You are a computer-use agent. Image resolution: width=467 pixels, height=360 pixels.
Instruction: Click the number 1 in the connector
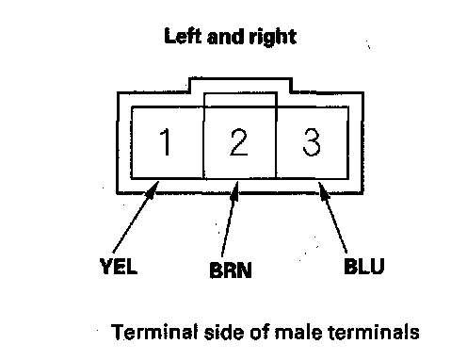[x=165, y=142]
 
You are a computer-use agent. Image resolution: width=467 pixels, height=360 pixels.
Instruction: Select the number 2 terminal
[x=239, y=142]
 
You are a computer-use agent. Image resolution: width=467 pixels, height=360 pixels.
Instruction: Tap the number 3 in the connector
[x=312, y=142]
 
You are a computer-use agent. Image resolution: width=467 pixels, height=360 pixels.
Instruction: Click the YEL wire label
[x=119, y=266]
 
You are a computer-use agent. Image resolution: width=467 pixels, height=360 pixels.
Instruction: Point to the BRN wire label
[x=231, y=270]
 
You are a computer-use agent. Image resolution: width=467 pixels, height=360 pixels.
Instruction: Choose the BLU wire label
[x=364, y=267]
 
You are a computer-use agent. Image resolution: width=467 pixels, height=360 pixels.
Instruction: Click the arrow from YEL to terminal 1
[x=136, y=217]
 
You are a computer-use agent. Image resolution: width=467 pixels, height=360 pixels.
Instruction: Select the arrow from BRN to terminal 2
[x=230, y=219]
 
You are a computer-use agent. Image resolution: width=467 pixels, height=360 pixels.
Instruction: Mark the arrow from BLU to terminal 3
[x=333, y=218]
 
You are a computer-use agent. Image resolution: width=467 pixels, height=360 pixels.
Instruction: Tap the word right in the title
[x=273, y=38]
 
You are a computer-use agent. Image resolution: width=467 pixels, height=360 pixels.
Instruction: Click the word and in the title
[x=226, y=37]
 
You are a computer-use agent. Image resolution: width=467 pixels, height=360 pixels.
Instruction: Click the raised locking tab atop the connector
[x=241, y=85]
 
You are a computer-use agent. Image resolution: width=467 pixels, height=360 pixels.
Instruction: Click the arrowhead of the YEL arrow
[x=153, y=189]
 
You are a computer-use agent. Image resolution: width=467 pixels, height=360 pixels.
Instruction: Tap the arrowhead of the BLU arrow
[x=323, y=190]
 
